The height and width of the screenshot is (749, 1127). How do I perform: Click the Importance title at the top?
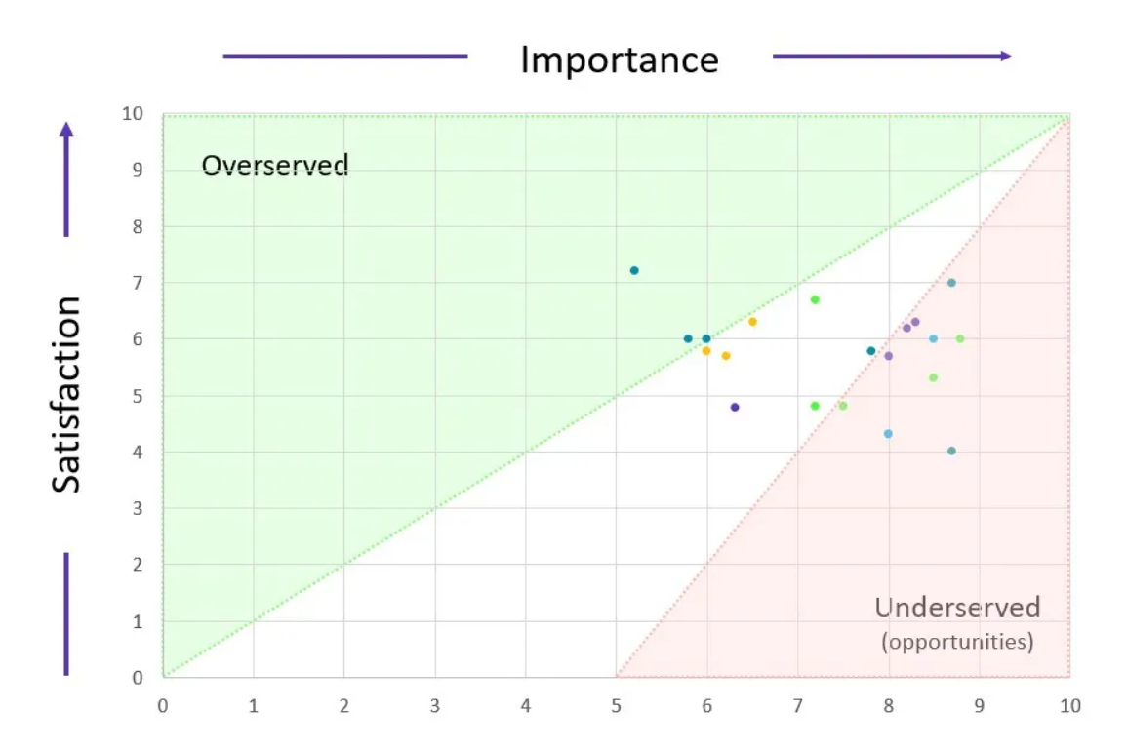tap(619, 59)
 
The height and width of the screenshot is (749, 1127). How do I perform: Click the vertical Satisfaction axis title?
tap(66, 395)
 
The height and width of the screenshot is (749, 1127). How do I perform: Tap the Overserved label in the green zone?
tap(274, 165)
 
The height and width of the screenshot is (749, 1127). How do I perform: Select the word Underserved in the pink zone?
tap(956, 608)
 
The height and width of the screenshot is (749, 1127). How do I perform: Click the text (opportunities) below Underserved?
tap(956, 643)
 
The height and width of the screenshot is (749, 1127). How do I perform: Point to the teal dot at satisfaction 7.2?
tap(634, 270)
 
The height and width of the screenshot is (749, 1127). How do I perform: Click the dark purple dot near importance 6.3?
tap(735, 407)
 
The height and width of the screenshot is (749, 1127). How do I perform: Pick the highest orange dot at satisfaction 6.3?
tap(752, 322)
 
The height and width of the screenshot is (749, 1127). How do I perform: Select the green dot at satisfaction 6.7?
tap(815, 299)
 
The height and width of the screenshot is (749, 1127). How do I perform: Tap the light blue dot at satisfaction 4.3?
tap(888, 434)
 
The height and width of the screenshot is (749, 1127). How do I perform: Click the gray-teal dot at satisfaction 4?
tap(951, 451)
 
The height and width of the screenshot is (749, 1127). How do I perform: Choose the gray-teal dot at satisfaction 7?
tap(951, 283)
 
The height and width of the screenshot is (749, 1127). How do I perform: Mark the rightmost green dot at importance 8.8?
tap(960, 338)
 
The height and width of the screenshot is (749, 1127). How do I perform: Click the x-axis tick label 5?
tap(617, 705)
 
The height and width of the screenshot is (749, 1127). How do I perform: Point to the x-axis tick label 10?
tap(1069, 705)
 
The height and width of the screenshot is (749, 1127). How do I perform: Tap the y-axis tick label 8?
tap(138, 226)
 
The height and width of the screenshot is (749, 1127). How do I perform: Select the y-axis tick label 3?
tap(138, 508)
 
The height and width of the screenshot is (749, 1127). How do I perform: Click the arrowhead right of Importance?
tap(1005, 56)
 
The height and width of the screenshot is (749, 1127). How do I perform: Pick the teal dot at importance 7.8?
tap(871, 351)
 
